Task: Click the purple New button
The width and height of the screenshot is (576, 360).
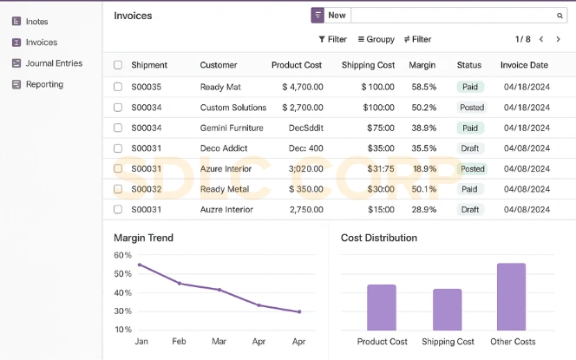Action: click(x=329, y=16)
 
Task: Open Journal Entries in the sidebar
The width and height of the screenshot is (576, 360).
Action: click(x=54, y=63)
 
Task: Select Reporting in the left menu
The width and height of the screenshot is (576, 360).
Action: click(x=44, y=84)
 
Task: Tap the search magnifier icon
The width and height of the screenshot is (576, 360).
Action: click(x=560, y=16)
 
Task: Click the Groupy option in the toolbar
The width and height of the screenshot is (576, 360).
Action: click(x=375, y=39)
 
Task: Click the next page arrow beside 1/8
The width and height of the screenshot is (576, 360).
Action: click(x=558, y=39)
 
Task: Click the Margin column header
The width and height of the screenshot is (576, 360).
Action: click(x=422, y=65)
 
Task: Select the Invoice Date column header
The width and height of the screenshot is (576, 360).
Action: click(x=524, y=65)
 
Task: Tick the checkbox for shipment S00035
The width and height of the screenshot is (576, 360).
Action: click(x=118, y=87)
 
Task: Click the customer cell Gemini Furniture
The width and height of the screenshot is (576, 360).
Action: click(x=232, y=128)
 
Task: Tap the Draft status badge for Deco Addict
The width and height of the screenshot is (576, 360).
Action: click(x=470, y=148)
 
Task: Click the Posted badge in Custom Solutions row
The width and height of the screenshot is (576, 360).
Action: click(x=472, y=108)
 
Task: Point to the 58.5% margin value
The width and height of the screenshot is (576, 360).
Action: click(x=424, y=87)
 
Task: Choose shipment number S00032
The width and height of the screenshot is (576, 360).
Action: click(x=147, y=189)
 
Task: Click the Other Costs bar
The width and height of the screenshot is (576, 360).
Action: click(x=511, y=297)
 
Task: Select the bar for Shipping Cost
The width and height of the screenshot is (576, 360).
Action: click(x=447, y=309)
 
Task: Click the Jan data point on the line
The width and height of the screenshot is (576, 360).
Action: click(x=140, y=265)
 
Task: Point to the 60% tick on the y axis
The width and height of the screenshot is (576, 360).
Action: click(x=122, y=255)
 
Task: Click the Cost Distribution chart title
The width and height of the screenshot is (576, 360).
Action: click(x=379, y=238)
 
